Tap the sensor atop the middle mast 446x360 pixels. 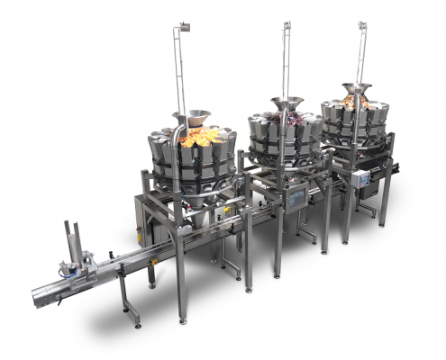click(286, 24)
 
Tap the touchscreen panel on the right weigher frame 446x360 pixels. click(365, 178)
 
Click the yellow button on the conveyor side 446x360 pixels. click(229, 211)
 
